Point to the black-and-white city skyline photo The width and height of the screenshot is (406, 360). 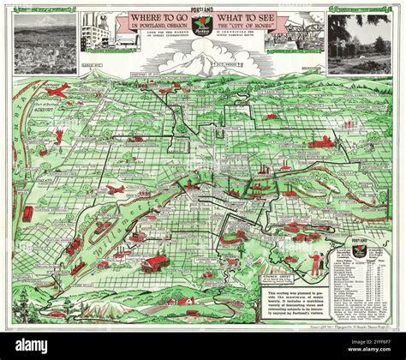coord(44,43)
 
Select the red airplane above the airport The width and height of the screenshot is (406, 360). coord(59,89)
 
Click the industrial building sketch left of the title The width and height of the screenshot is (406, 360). coord(99,34)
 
